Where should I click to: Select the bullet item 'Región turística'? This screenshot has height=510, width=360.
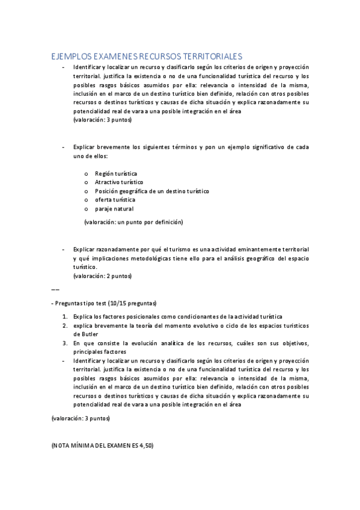pyautogui.click(x=116, y=173)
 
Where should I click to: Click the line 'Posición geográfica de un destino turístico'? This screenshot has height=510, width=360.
pyautogui.click(x=151, y=191)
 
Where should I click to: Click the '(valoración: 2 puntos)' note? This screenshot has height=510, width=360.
pyautogui.click(x=102, y=276)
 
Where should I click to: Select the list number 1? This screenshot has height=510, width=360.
pyautogui.click(x=65, y=316)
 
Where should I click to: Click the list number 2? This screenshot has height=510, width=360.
pyautogui.click(x=65, y=325)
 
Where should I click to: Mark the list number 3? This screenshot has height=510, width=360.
pyautogui.click(x=65, y=343)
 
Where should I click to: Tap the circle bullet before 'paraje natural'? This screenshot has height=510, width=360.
pyautogui.click(x=87, y=209)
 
